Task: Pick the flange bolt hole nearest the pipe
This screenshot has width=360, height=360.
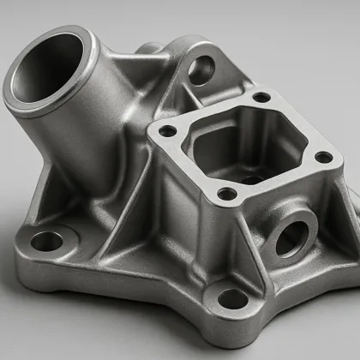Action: point(168,130)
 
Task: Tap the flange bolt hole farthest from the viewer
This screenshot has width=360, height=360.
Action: point(261,97)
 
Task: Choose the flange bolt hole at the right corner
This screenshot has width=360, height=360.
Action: point(322,157)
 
